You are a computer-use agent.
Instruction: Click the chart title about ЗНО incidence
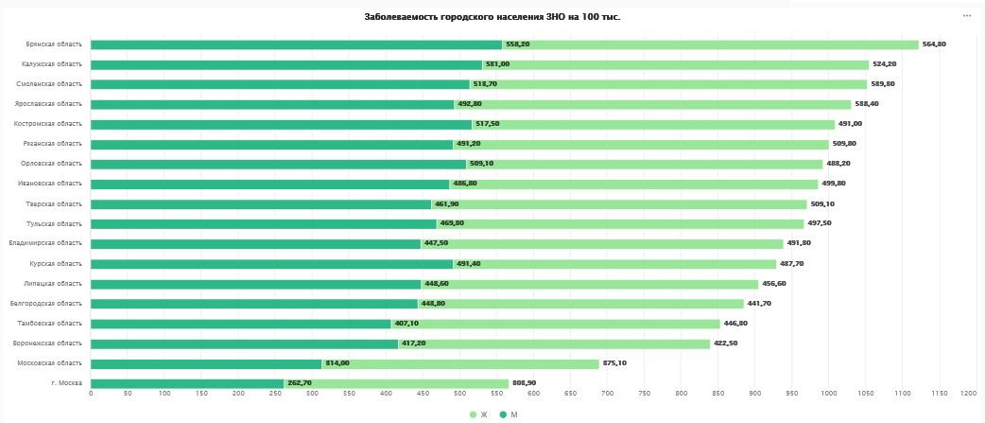click(x=492, y=17)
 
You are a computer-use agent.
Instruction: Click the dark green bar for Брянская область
click(x=296, y=44)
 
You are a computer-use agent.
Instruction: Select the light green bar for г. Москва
click(x=396, y=383)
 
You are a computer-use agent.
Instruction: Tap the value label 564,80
click(x=934, y=44)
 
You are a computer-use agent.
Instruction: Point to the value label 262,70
click(x=300, y=383)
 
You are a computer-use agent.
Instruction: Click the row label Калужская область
click(x=52, y=64)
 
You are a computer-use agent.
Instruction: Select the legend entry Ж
click(x=479, y=414)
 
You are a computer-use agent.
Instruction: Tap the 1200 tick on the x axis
click(x=967, y=394)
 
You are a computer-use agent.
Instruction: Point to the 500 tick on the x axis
click(x=459, y=394)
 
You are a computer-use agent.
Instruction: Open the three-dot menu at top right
click(x=967, y=16)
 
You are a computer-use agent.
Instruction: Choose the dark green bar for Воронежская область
click(x=244, y=344)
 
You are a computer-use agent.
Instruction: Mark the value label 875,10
click(x=617, y=363)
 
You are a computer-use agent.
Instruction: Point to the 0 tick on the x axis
click(x=91, y=394)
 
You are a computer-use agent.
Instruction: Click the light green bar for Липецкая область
click(x=590, y=284)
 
